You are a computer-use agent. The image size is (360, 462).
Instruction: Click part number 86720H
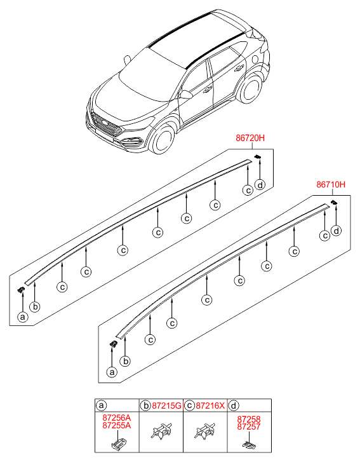pos(250,138)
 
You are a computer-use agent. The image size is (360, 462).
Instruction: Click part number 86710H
pos(331,185)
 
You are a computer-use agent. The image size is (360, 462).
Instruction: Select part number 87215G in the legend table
pos(166,406)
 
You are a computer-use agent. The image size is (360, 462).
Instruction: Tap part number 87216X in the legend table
pos(210,406)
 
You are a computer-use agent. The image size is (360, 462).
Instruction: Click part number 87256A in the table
pos(117,418)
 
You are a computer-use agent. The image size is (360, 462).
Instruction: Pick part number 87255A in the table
pos(117,425)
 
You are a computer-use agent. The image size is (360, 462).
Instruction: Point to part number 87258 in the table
pos(249,419)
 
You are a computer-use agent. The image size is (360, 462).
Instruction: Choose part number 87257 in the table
pos(249,426)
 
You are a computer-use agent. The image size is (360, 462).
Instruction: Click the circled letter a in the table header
pos(101,405)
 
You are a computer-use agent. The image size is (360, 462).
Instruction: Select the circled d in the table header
pos(234,405)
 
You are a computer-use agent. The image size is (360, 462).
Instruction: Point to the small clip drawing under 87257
pos(249,444)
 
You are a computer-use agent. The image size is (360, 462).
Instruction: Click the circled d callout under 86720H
pos(260,185)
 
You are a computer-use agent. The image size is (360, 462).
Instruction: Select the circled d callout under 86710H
pos(336,231)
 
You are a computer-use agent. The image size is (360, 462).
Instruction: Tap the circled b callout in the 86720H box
pos(35,307)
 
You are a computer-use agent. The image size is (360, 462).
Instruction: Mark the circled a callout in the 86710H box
pos(112,372)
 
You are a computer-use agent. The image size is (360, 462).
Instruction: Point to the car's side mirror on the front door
pos(186,94)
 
